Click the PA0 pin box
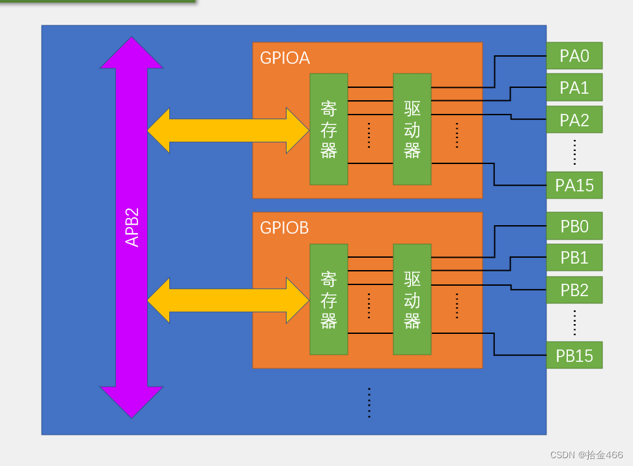click(x=574, y=56)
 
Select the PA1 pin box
click(x=574, y=87)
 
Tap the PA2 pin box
click(x=574, y=120)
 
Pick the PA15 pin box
click(x=574, y=185)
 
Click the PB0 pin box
click(x=574, y=226)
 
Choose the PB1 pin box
click(x=574, y=258)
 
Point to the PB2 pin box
click(x=574, y=290)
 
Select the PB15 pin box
click(x=574, y=355)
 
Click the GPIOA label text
click(x=285, y=58)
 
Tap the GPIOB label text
click(x=284, y=228)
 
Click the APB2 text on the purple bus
click(x=132, y=227)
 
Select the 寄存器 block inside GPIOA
click(x=329, y=130)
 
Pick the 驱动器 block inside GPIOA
click(x=412, y=130)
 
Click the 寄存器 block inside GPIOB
click(x=329, y=299)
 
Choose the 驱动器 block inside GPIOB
click(x=412, y=299)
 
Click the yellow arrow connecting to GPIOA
click(x=228, y=131)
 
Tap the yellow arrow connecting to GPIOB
click(x=228, y=300)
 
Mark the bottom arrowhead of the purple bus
click(x=132, y=402)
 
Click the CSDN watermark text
click(x=586, y=455)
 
